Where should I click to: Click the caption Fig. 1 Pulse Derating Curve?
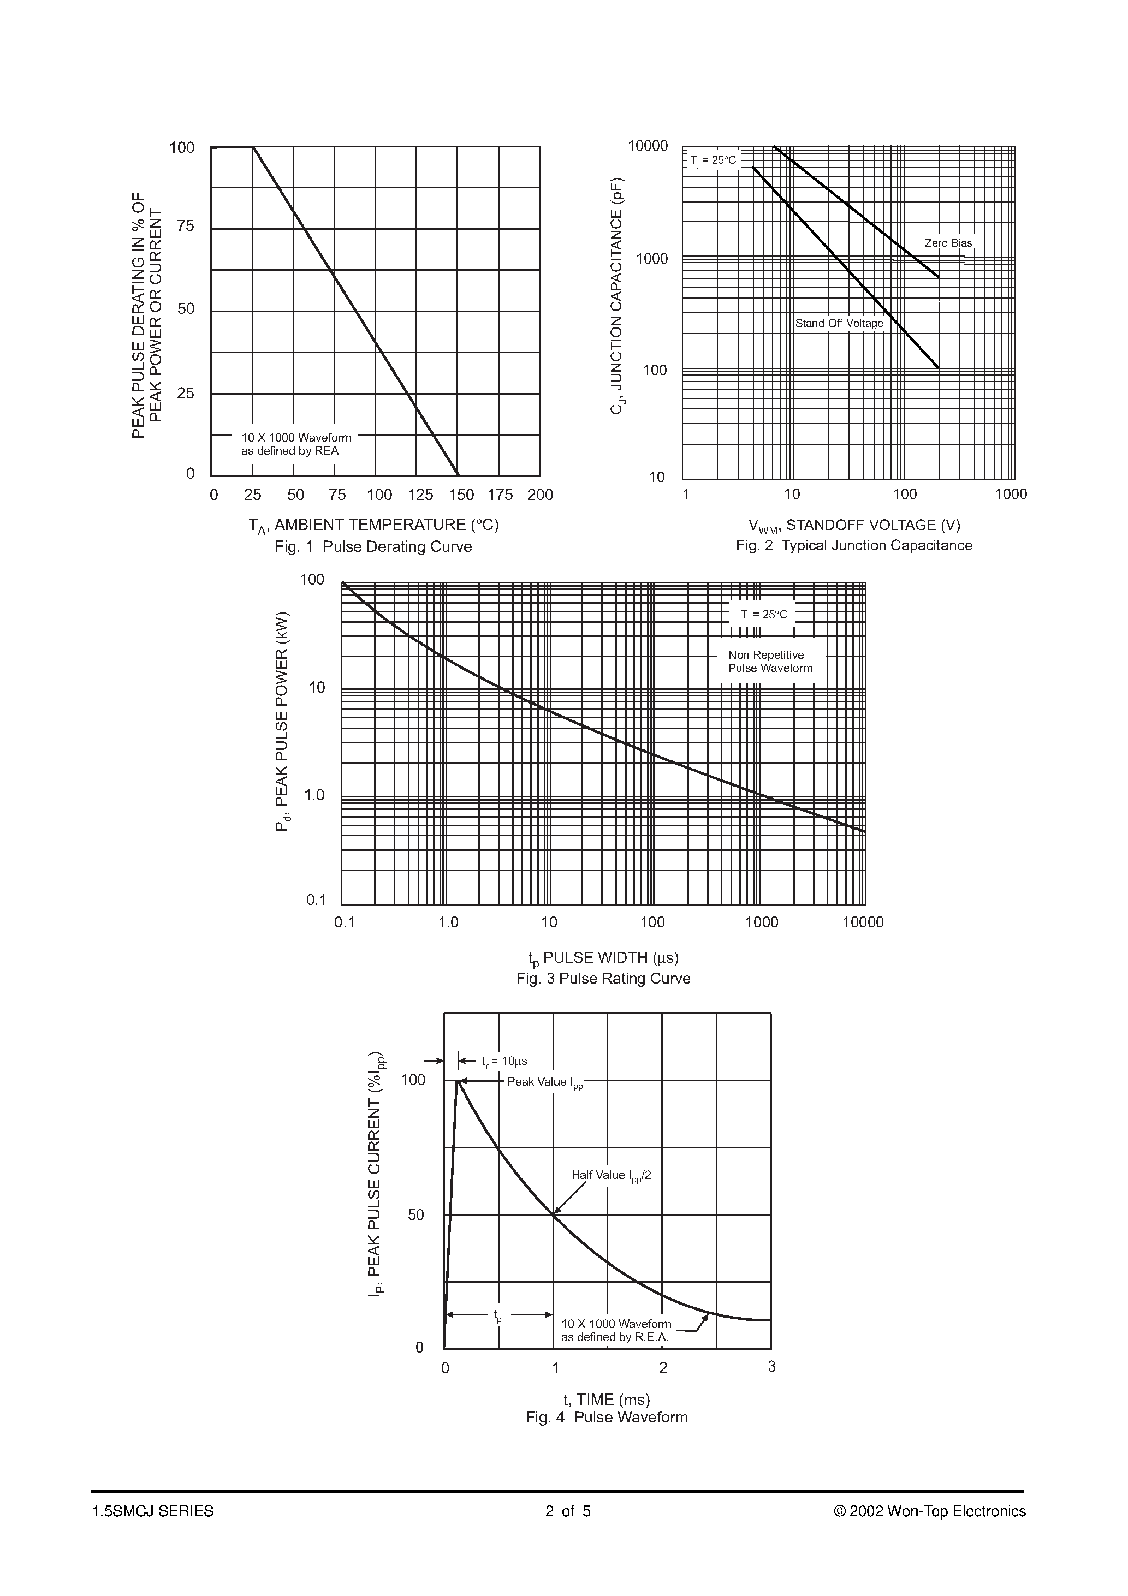click(x=373, y=547)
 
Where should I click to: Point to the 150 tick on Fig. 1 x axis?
click(x=461, y=495)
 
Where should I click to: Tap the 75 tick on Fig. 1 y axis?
click(x=186, y=227)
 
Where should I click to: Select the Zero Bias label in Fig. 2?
click(x=948, y=243)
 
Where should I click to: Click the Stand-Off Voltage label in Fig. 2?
click(x=839, y=323)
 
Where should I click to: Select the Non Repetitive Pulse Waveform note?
click(x=770, y=662)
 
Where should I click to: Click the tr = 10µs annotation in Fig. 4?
click(x=503, y=1062)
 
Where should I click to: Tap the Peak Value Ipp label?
click(x=544, y=1082)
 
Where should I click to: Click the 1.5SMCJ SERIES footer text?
click(x=152, y=1511)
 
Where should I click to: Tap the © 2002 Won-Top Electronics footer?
click(x=929, y=1511)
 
